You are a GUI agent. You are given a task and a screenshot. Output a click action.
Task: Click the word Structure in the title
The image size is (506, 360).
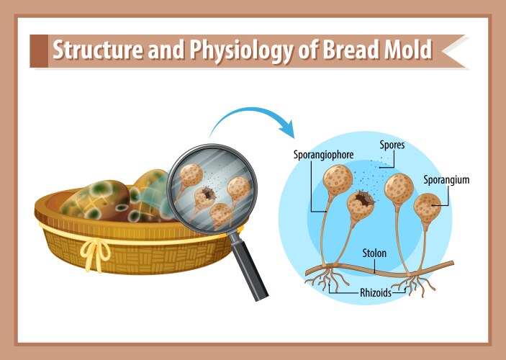point(97,50)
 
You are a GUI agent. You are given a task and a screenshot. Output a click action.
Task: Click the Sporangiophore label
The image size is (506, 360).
point(323,155)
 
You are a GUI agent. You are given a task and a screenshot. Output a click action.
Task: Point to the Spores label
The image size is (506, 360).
point(392,145)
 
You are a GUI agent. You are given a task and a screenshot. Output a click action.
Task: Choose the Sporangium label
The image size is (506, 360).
point(446,180)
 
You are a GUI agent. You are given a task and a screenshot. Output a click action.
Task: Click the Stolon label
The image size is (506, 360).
point(374,253)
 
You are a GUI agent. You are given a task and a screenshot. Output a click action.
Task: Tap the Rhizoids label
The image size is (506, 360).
point(376,293)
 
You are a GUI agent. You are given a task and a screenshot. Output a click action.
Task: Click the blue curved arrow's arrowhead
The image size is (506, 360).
point(287,129)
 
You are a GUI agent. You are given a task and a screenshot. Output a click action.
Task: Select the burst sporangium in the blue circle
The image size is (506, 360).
point(361,205)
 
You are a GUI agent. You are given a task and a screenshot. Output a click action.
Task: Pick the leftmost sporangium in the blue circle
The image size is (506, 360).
point(338,180)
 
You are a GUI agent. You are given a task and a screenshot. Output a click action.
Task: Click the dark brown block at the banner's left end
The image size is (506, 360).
point(39,51)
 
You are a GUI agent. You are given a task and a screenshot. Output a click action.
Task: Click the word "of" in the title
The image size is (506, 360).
point(309,50)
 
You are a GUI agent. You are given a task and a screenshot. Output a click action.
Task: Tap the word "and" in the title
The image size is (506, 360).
point(166,50)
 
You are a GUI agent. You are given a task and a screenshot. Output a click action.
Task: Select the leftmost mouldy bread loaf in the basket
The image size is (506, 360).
point(95,201)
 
